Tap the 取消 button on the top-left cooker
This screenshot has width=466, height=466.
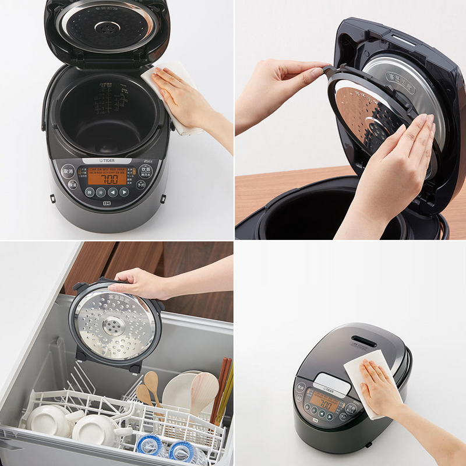click(x=68, y=172)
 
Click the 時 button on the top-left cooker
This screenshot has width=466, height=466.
click(x=90, y=192)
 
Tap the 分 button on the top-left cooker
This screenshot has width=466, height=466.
click(x=101, y=193)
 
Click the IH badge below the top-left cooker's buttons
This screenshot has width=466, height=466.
click(x=107, y=204)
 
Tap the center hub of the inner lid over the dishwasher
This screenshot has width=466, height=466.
click(x=111, y=325)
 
